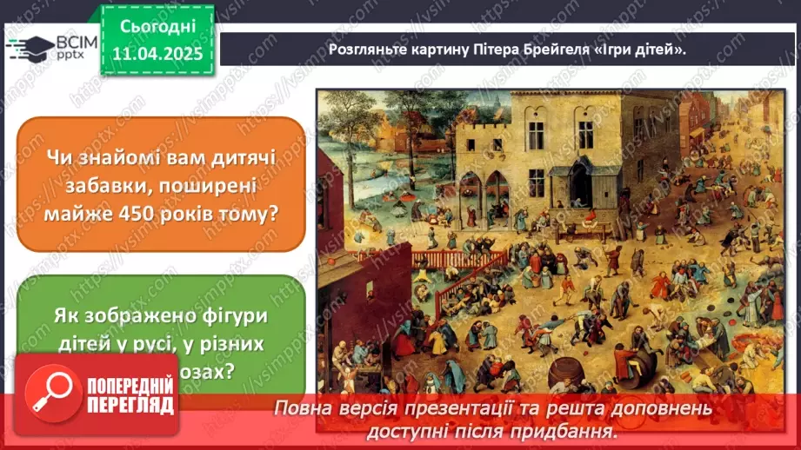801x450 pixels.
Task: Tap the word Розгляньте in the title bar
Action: (x=368, y=49)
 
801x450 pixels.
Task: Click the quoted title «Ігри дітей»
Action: (x=643, y=49)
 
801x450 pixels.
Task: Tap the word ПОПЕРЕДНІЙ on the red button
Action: (x=121, y=382)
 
